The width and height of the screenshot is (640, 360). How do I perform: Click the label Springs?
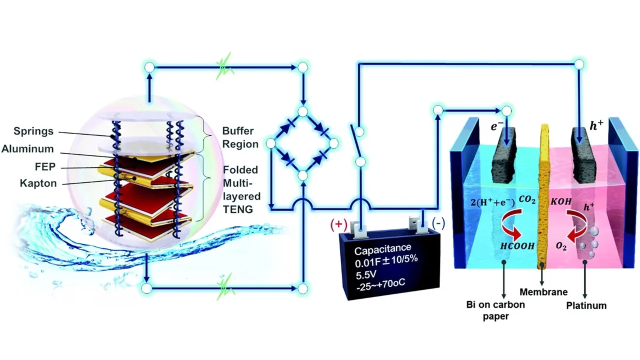(33, 131)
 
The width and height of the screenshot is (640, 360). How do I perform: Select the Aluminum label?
(27, 149)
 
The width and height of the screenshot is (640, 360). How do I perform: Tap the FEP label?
(45, 166)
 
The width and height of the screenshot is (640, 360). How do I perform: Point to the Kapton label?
(38, 183)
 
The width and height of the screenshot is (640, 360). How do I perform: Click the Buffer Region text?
(240, 137)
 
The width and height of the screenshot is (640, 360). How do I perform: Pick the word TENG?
(237, 209)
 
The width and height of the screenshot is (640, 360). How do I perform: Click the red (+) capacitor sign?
(338, 224)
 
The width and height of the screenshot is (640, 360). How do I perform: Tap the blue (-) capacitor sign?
(438, 223)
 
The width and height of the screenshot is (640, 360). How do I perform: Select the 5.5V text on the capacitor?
(366, 275)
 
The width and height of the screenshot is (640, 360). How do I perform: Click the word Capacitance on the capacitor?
(383, 249)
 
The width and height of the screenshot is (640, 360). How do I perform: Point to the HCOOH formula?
(517, 245)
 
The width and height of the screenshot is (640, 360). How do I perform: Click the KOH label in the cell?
(561, 201)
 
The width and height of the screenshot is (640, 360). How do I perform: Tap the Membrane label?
(543, 292)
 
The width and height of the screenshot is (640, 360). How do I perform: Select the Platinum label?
(586, 305)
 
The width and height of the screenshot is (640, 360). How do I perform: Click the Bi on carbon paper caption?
(495, 310)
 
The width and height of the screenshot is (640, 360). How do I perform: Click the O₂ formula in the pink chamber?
(561, 246)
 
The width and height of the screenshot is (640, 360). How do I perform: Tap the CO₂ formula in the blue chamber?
(527, 199)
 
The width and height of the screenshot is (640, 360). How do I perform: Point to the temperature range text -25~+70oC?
(380, 285)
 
